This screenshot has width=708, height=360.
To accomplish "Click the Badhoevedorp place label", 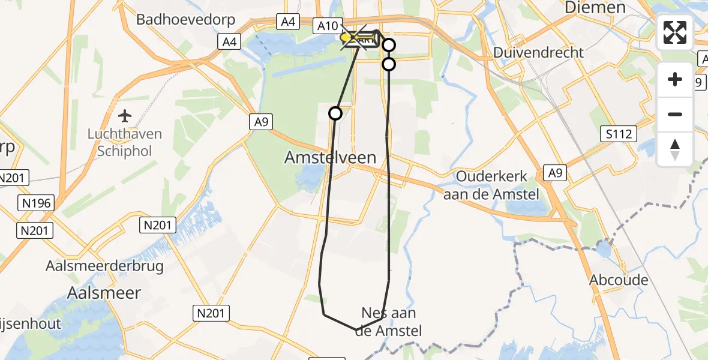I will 185,19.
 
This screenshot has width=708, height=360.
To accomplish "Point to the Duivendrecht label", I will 538,52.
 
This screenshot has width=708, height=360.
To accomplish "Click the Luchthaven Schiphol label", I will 125,142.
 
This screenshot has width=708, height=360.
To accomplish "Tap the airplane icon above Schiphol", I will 125,115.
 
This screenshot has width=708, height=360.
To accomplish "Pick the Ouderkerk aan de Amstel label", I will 491,185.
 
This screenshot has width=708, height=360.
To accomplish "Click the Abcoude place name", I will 619,280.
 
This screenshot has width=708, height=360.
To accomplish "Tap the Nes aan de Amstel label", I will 389,321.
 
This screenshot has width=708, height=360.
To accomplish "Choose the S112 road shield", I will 619,134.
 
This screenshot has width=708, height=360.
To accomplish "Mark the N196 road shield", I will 38,204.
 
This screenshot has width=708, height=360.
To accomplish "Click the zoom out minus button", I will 675,114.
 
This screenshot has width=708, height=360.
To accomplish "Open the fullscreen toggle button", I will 675,32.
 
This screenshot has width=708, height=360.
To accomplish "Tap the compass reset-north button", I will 675,149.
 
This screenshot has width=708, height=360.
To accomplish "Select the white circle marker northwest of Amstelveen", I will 335,113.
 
